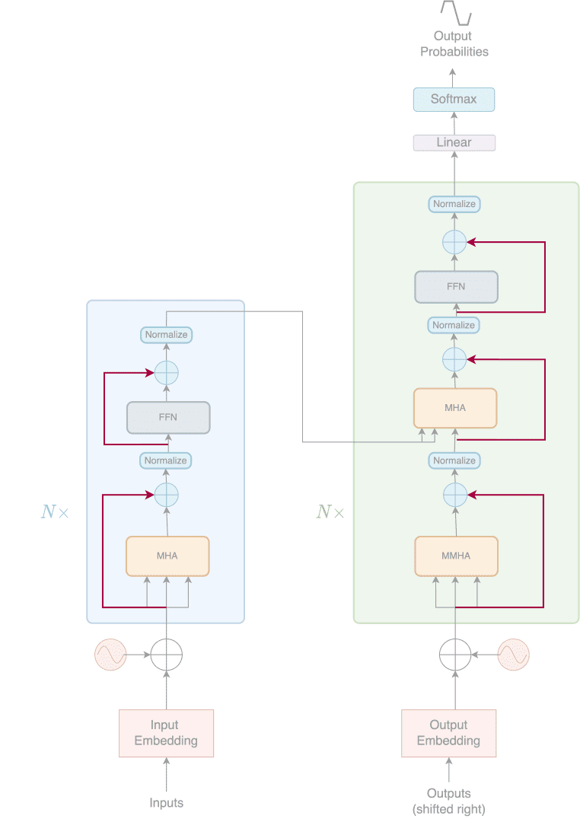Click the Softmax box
pos(454,100)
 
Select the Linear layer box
pos(454,142)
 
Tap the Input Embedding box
pos(166,733)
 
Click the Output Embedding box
pos(448,733)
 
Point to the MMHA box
pos(456,556)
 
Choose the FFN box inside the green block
pos(456,287)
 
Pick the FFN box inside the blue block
pos(167,418)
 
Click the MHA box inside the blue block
pos(167,556)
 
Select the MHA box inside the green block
pos(455,408)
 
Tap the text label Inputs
pos(166,803)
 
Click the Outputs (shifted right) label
pos(448,801)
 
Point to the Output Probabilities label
pos(454,44)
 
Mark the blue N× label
pos(55,512)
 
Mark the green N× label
pos(330,512)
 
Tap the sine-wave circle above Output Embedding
pos(513,654)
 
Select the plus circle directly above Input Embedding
pos(166,654)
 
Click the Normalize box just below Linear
pos(454,204)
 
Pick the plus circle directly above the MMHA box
pos(454,495)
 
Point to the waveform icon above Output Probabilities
pos(456,13)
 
